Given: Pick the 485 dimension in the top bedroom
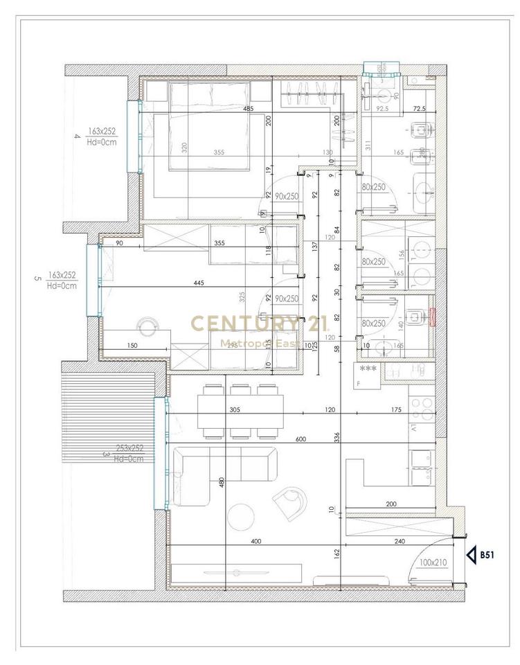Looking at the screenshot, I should pyautogui.click(x=248, y=109).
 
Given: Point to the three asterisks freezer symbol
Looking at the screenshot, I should pyautogui.click(x=367, y=369).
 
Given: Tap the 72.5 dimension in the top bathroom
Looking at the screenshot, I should pyautogui.click(x=419, y=109).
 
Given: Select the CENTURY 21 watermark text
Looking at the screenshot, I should pyautogui.click(x=260, y=323).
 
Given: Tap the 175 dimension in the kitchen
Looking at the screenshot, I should pyautogui.click(x=396, y=411).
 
